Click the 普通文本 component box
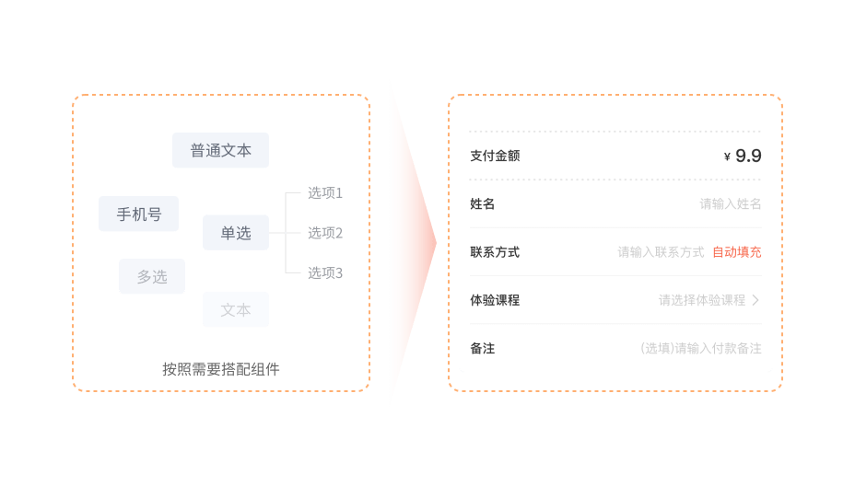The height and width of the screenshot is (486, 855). [220, 150]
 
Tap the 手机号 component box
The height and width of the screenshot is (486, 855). [138, 214]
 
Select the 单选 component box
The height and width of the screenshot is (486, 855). [235, 233]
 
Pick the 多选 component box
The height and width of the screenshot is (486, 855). [152, 276]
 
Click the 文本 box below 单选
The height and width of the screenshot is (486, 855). [235, 310]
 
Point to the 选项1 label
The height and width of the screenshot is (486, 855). [325, 193]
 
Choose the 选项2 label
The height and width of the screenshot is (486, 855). [325, 233]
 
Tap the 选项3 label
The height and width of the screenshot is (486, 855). [325, 272]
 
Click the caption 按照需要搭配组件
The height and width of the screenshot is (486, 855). [221, 369]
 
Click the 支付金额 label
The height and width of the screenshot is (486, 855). [495, 156]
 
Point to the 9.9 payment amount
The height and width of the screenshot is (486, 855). [748, 156]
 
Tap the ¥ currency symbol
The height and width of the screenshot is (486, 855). [727, 157]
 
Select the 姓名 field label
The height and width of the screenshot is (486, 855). [483, 203]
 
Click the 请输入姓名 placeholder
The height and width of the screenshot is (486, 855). [731, 203]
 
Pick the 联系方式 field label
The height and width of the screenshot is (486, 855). [495, 251]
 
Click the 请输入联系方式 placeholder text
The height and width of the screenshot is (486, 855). [661, 251]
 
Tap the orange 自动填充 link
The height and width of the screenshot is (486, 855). [737, 251]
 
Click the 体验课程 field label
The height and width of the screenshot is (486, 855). [495, 300]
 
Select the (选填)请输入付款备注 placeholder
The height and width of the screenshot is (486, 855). [701, 348]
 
